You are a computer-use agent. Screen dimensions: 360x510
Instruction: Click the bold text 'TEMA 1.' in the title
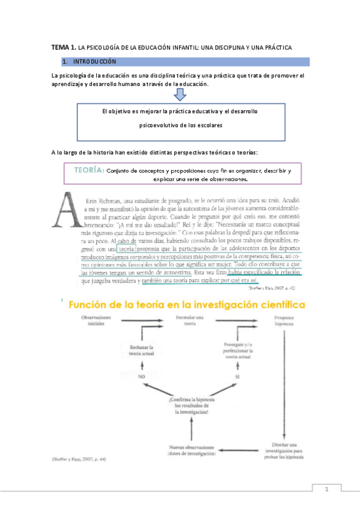(63, 46)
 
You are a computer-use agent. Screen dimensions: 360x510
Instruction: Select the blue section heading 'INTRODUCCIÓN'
(95, 61)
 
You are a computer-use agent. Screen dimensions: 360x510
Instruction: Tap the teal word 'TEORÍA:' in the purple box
(89, 171)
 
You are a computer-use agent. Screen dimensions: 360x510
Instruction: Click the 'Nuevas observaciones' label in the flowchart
(190, 449)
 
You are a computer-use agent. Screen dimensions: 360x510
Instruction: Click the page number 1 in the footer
(327, 490)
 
